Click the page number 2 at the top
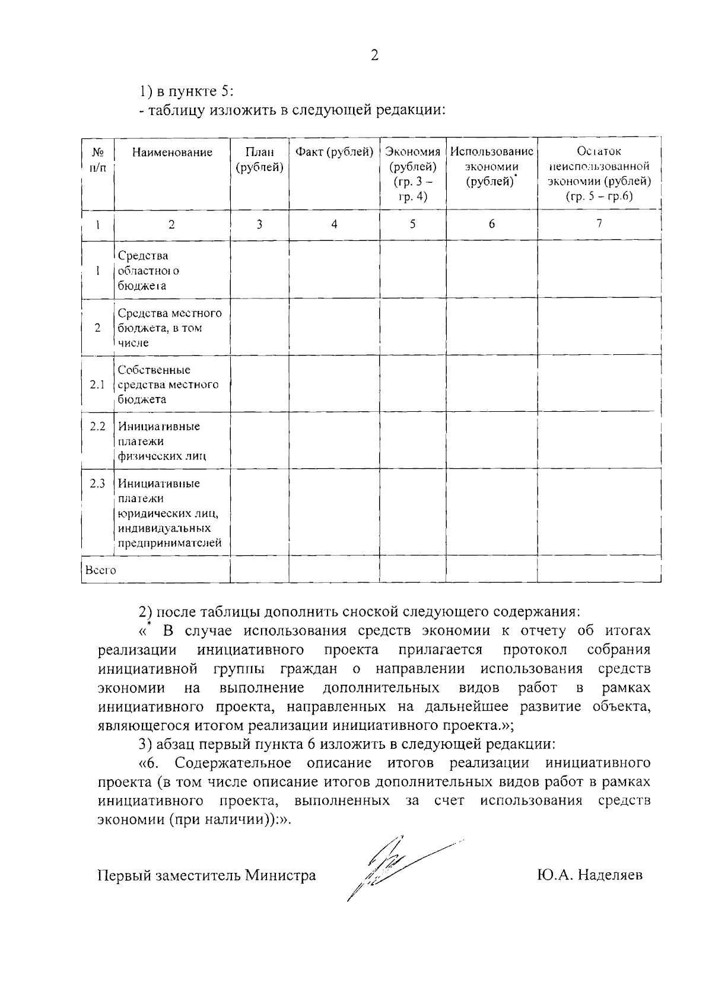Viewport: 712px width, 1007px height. pos(374,55)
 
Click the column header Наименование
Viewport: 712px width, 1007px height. pos(172,153)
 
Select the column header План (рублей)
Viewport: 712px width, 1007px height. pos(259,160)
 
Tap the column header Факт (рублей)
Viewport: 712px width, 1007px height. pos(334,152)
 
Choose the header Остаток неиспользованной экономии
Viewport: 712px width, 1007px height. pos(599,174)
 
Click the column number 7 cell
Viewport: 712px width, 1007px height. pos(599,224)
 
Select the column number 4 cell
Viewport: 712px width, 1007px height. pos(334,224)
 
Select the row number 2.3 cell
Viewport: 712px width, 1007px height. pos(97,484)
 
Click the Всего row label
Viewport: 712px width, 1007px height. pos(101,570)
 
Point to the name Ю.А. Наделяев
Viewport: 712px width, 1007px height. pos(588,875)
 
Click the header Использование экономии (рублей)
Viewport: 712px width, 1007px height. pos(491,167)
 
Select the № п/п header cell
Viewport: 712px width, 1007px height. pos(97,160)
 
